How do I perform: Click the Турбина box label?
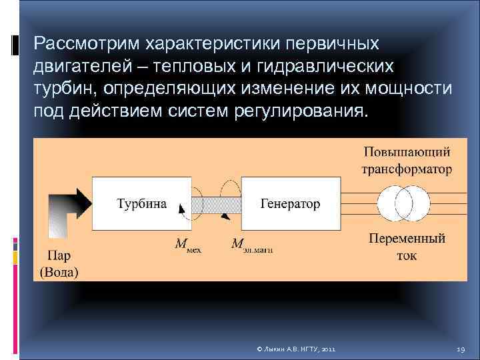pos(142,203)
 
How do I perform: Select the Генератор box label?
pos(290,203)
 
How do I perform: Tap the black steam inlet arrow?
pos(69,203)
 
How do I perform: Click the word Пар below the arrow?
pos(59,255)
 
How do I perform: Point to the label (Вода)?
pos(59,271)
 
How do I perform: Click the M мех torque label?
pos(187,245)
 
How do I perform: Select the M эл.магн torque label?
pos(252,245)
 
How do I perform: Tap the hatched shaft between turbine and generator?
pos(217,203)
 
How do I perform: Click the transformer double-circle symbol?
pos(405,203)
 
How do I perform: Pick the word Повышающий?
pos(406,152)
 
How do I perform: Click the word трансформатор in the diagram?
pos(406,169)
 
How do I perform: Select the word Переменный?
pos(406,238)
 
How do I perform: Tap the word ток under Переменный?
pos(406,255)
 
